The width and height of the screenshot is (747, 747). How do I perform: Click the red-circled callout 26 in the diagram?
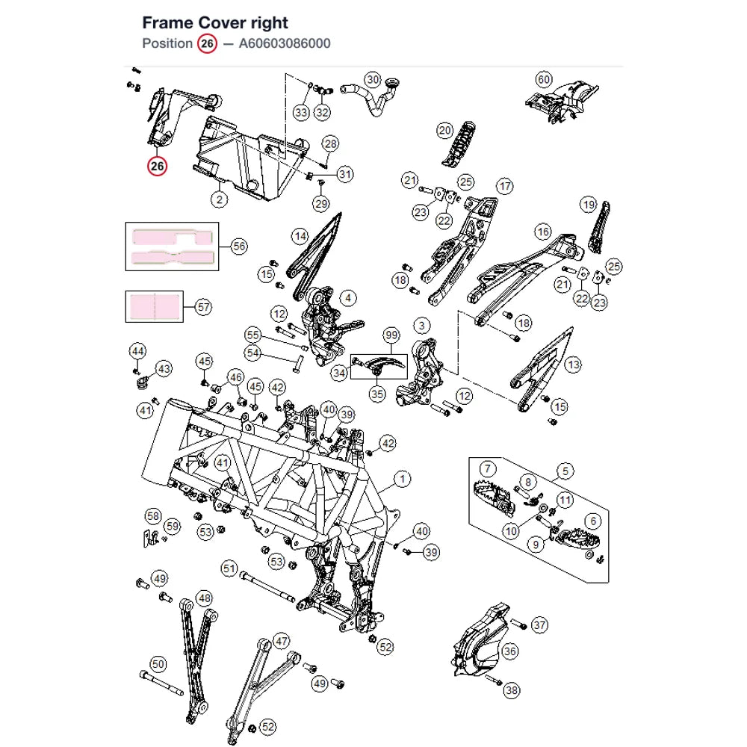157,167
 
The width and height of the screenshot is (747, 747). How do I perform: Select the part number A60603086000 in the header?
285,43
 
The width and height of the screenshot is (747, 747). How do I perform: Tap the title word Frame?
167,22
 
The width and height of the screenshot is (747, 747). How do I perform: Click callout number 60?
544,80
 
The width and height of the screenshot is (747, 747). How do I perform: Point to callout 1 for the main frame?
403,480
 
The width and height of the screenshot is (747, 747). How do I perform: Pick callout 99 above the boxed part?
391,335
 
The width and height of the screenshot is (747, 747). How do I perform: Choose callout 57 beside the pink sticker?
203,307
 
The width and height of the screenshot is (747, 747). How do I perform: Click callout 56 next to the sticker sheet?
239,247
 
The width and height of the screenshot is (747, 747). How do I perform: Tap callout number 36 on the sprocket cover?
509,651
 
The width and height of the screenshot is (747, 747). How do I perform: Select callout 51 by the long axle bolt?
229,568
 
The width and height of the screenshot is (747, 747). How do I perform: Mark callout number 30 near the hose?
373,80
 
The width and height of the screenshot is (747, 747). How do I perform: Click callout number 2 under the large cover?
219,199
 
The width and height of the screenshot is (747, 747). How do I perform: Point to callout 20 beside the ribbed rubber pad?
445,131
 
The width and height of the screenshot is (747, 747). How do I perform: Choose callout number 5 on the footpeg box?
565,471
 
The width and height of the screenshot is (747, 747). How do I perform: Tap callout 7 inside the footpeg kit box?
487,469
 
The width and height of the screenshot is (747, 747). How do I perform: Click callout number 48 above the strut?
205,598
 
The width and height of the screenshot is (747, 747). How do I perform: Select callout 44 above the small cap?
137,352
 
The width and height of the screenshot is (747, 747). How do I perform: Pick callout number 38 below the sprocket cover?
512,690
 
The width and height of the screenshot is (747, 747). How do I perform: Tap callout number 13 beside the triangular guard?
573,365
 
